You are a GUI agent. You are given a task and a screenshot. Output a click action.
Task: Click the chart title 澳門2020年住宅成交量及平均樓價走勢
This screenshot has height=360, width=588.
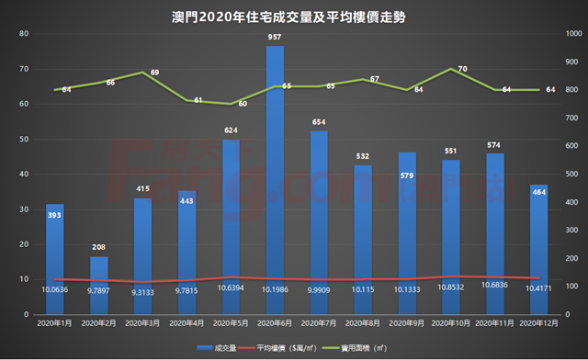tap(293, 16)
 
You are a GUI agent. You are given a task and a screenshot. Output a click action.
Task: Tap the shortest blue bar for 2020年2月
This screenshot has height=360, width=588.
tap(98, 285)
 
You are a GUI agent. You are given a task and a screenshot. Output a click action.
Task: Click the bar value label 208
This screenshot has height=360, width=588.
tap(98, 248)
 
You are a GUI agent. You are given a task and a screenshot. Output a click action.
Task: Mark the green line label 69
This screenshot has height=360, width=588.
tap(154, 72)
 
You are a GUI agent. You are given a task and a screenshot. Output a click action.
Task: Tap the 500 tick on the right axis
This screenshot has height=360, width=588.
tap(573, 174)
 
